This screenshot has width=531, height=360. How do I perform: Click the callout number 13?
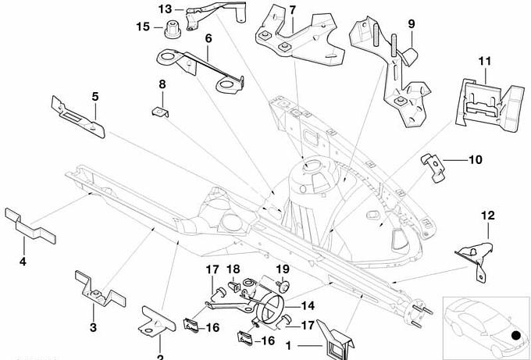[x=165, y=9]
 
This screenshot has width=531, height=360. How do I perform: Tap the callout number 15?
[x=143, y=27]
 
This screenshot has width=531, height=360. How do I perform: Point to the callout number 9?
[x=411, y=24]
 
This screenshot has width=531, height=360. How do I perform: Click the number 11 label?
[x=483, y=60]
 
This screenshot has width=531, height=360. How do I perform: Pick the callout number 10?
[x=476, y=160]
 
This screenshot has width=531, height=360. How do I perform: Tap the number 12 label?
[x=487, y=214]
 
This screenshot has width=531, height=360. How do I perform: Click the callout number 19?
[x=283, y=269]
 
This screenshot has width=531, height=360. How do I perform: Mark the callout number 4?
[x=23, y=262]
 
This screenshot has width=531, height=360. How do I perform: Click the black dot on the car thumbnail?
[x=515, y=337]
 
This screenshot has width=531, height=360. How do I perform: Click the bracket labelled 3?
[x=98, y=291]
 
